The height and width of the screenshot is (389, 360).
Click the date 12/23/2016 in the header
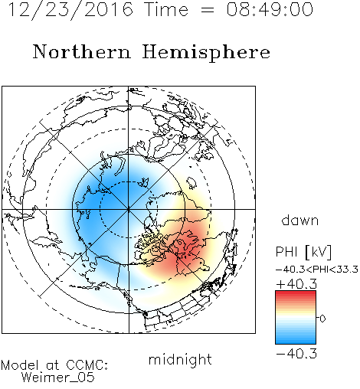click(70, 10)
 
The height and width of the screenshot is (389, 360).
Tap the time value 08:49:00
click(270, 9)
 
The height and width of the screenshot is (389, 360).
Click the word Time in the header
click(166, 9)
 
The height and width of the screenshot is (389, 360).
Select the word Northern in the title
click(82, 52)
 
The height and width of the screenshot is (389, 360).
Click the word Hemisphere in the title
click(206, 53)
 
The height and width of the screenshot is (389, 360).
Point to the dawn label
click(299, 220)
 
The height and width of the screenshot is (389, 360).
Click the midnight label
click(180, 359)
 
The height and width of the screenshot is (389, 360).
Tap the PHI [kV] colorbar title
click(303, 252)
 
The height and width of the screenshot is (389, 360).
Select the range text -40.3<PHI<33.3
click(317, 270)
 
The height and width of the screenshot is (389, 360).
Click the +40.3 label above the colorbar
click(296, 284)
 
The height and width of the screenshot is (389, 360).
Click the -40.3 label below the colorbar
click(296, 354)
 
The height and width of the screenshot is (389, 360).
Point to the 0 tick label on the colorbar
click(322, 319)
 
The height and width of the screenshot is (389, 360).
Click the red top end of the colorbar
click(296, 293)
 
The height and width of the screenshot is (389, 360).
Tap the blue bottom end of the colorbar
click(296, 342)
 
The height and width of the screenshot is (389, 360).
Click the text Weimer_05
click(58, 378)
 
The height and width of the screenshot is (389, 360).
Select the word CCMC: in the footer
click(87, 365)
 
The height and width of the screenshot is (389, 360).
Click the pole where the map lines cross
click(129, 209)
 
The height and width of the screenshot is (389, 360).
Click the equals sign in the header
click(208, 10)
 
